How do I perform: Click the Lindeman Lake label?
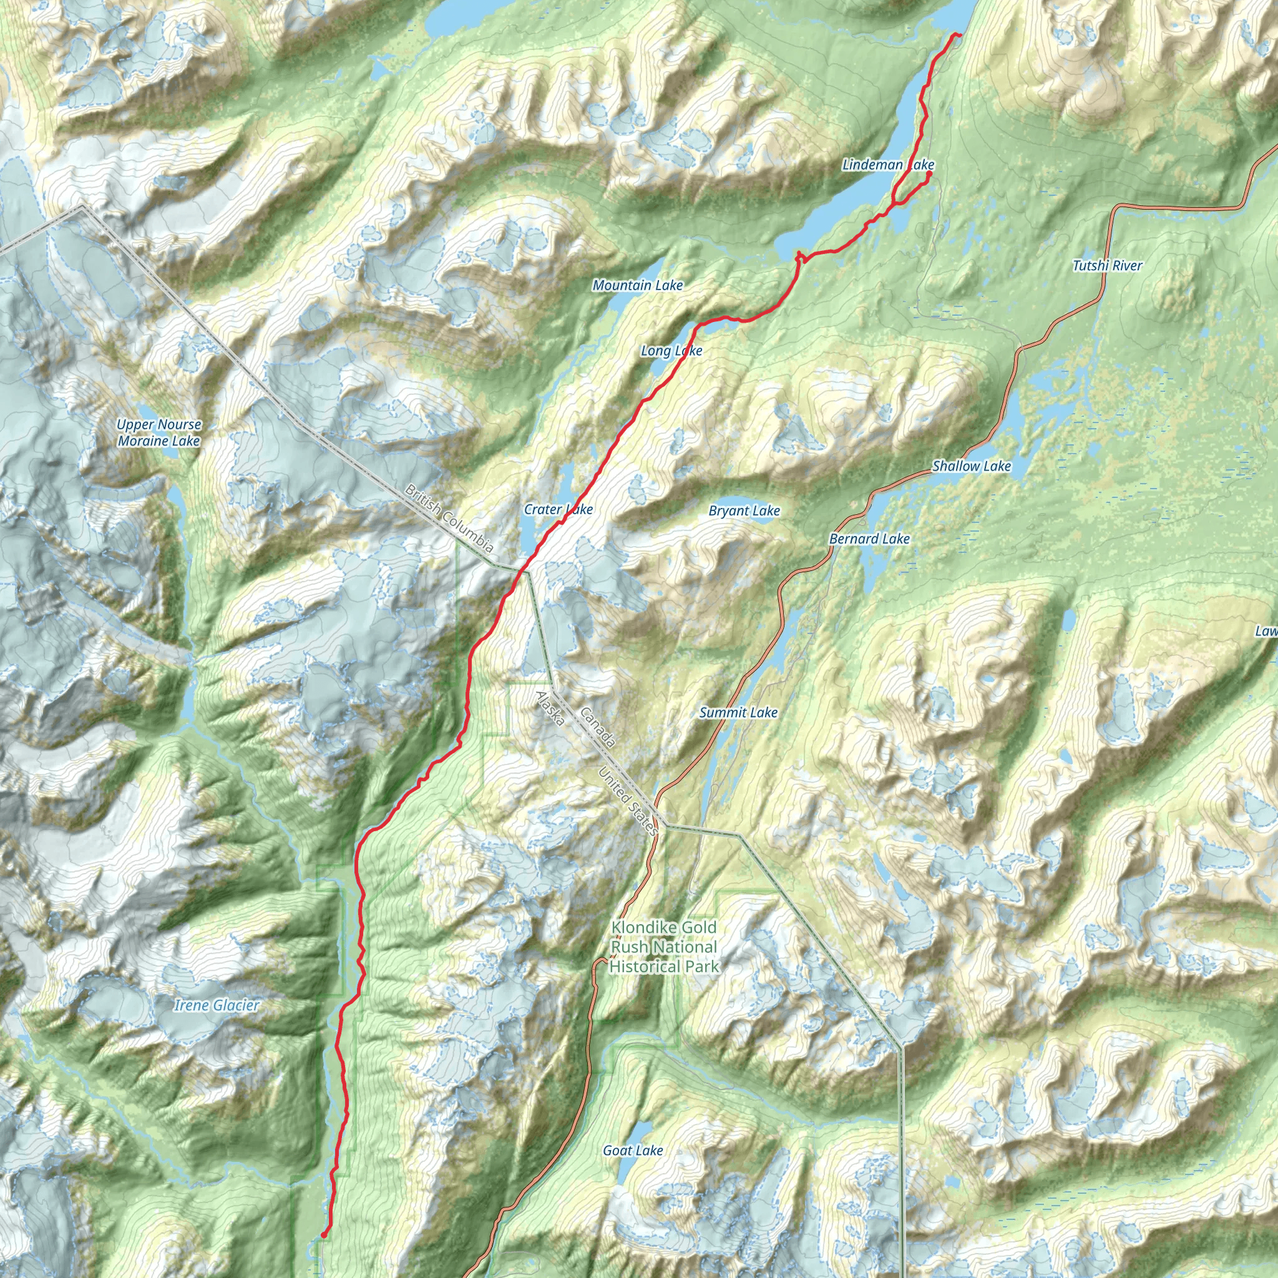pyautogui.click(x=888, y=165)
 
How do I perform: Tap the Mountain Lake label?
pyautogui.click(x=638, y=285)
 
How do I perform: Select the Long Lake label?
pyautogui.click(x=671, y=351)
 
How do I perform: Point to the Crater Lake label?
pyautogui.click(x=559, y=509)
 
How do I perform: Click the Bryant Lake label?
pyautogui.click(x=744, y=510)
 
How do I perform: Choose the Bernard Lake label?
pyautogui.click(x=869, y=539)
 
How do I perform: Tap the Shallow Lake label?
pyautogui.click(x=972, y=466)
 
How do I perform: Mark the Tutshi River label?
pyautogui.click(x=1108, y=266)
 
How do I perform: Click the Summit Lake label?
pyautogui.click(x=738, y=713)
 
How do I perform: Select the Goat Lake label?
pyautogui.click(x=632, y=1150)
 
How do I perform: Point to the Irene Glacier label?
pyautogui.click(x=217, y=1005)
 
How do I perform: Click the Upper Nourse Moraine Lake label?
pyautogui.click(x=159, y=432)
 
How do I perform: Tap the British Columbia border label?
pyautogui.click(x=449, y=518)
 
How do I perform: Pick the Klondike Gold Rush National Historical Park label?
pyautogui.click(x=663, y=947)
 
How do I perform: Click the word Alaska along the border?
pyautogui.click(x=550, y=708)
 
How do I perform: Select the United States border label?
pyautogui.click(x=628, y=801)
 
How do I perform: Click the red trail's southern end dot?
pyautogui.click(x=323, y=1234)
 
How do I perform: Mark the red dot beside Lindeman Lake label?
pyautogui.click(x=929, y=174)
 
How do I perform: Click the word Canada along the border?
pyautogui.click(x=598, y=728)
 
